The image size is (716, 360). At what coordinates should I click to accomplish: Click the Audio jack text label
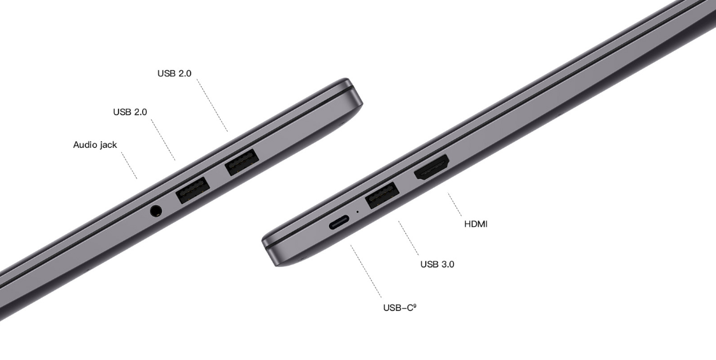click(x=95, y=145)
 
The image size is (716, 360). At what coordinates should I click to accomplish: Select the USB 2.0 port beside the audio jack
click(x=193, y=189)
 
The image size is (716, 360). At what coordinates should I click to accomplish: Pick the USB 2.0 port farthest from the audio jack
click(x=242, y=162)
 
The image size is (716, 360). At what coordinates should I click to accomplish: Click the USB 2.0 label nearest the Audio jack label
click(x=130, y=112)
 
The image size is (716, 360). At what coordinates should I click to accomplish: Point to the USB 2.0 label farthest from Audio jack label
click(x=175, y=73)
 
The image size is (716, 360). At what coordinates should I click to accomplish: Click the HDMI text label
click(x=476, y=224)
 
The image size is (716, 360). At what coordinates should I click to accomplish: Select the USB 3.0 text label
click(x=437, y=264)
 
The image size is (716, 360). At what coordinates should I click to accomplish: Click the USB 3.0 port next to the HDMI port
click(x=383, y=195)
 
